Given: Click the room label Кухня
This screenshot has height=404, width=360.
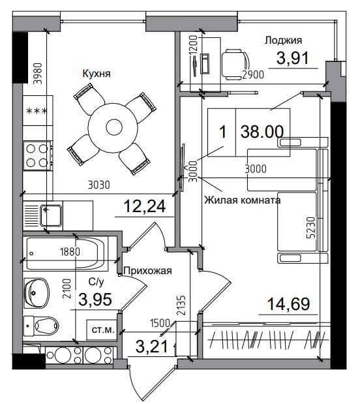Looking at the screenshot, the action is pos(97,74).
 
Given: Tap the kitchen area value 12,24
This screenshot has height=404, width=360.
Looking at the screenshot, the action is pos(145,206).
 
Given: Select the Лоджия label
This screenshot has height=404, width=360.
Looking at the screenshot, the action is pos(283,40).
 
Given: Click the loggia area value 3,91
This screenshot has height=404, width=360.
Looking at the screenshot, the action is pos(292,58).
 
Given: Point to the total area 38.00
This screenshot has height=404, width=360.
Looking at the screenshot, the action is pos(262,132).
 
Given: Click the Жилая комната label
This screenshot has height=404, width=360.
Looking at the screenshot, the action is pos(243,200).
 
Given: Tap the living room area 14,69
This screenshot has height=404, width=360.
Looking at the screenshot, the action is pos(288,303).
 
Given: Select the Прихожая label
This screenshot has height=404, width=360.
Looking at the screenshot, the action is pos(147,271).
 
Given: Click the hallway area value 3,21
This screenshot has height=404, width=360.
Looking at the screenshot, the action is pos(152,347).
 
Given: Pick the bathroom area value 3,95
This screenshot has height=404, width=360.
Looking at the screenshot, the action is pos(95,300).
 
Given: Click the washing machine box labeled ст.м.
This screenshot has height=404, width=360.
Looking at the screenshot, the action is pos(103,330).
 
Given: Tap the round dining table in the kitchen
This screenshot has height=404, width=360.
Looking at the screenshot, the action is pos(114,127).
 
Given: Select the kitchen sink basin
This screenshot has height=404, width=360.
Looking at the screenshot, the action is pos(52,214).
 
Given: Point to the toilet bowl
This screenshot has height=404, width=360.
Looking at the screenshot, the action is pos(42,326).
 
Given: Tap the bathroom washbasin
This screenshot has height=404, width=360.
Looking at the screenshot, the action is pos(37,292).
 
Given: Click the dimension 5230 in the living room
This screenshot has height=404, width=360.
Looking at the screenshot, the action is pos(312,228).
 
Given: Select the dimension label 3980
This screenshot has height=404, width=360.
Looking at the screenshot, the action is pos(38,74).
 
